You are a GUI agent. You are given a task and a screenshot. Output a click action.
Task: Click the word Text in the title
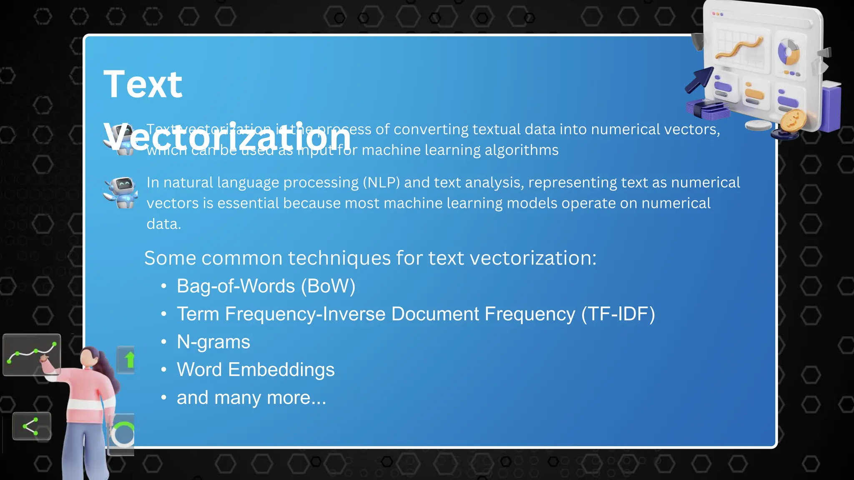pyautogui.click(x=143, y=85)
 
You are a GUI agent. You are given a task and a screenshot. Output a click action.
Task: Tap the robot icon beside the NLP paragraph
pyautogui.click(x=121, y=192)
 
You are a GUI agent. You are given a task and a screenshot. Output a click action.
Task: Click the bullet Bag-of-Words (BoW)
pyautogui.click(x=266, y=286)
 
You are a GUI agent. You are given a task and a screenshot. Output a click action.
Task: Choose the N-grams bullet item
pyautogui.click(x=213, y=342)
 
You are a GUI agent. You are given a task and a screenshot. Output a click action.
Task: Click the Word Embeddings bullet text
pyautogui.click(x=255, y=370)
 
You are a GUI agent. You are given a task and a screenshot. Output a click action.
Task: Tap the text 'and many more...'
pyautogui.click(x=251, y=397)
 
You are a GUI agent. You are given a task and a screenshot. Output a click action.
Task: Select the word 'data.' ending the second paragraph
pyautogui.click(x=163, y=224)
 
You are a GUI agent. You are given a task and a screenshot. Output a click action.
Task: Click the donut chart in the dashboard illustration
pyautogui.click(x=788, y=52)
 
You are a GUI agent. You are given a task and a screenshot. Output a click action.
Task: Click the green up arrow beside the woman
pyautogui.click(x=130, y=360)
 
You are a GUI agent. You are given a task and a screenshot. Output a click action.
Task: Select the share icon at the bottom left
pyautogui.click(x=31, y=426)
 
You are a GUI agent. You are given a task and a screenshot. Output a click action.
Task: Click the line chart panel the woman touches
pyautogui.click(x=32, y=354)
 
